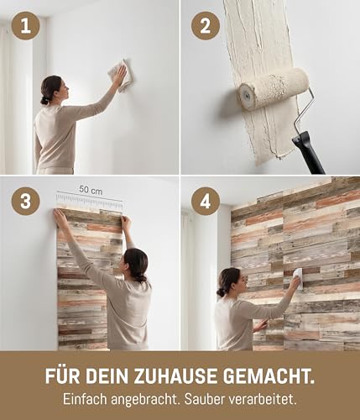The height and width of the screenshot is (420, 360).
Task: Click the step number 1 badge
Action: [25, 26]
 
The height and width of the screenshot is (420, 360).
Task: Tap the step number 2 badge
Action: [206, 26]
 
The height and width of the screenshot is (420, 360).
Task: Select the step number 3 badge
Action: [25, 201]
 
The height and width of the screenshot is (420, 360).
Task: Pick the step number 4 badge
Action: [206, 201]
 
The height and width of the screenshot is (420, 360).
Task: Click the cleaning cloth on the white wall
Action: [121, 75]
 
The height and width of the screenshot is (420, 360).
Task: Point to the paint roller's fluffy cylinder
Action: [273, 88]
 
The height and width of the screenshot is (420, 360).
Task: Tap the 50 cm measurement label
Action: [91, 190]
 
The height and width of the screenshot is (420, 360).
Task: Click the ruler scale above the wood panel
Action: [90, 201]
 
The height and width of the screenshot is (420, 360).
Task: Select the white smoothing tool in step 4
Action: [298, 278]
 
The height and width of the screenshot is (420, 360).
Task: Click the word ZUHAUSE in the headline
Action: [175, 376]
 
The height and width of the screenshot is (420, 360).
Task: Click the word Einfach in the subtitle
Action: [86, 400]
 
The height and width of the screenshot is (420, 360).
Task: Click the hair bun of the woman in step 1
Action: [44, 101]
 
